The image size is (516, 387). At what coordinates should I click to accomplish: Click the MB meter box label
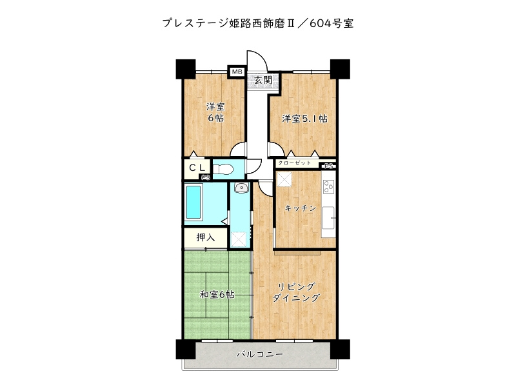[236, 72]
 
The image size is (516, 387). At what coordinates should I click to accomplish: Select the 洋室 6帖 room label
[215, 112]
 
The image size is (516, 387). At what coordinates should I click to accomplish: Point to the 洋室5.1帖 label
[304, 119]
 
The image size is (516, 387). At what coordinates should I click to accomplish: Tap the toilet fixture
[223, 170]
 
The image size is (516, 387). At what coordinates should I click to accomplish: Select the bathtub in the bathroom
[193, 202]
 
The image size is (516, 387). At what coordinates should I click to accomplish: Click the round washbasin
[241, 188]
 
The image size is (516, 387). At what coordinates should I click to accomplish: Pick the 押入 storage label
[205, 237]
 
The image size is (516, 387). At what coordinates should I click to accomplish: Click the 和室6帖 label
[217, 294]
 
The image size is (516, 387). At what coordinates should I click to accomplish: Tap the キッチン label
[300, 208]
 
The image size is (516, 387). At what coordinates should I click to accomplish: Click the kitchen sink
[328, 219]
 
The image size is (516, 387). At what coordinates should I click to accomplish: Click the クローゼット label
[294, 164]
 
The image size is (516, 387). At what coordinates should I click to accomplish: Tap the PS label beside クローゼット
[329, 165]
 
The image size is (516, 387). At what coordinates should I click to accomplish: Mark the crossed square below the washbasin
[239, 238]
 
